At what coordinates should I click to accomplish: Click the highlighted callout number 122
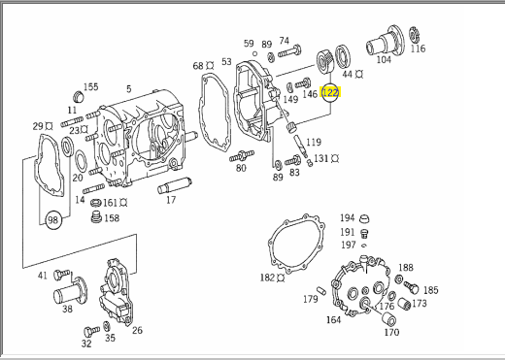tap(330, 93)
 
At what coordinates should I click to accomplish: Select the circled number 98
tap(52, 220)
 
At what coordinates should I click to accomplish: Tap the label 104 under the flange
tap(384, 59)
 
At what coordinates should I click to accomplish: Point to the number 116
tap(418, 49)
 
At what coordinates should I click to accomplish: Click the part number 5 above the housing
tap(129, 88)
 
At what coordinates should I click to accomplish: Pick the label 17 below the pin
tap(171, 200)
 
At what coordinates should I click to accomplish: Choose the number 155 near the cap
tap(90, 87)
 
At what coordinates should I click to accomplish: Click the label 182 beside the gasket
tap(267, 278)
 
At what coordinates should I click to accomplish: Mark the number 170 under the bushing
tap(391, 332)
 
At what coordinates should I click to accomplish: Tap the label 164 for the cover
tap(333, 319)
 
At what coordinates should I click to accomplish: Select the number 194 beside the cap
tap(347, 218)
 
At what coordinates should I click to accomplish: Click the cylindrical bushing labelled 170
tap(388, 318)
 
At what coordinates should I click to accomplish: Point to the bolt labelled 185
tap(411, 287)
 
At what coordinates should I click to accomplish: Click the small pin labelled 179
tap(321, 289)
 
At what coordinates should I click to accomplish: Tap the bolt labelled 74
tap(289, 51)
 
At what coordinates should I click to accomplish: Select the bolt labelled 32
tap(91, 331)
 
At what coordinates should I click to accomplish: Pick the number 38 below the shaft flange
tap(67, 309)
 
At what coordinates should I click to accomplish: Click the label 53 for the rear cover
tap(226, 61)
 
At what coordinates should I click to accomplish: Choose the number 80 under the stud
tap(241, 168)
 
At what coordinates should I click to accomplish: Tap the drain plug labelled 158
tap(96, 216)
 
